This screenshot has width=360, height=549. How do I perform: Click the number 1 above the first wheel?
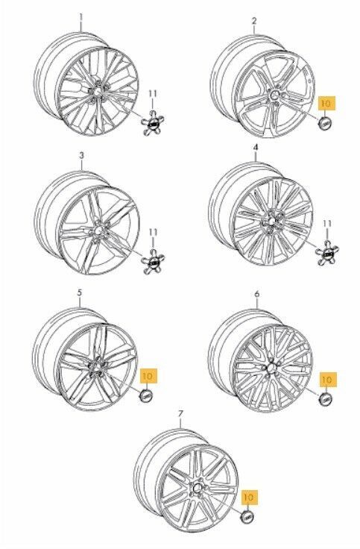pos(80,17)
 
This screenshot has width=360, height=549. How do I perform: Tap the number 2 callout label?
pos(254,21)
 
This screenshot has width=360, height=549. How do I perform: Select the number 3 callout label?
pos(81,155)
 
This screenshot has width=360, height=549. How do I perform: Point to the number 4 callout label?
pos(256,148)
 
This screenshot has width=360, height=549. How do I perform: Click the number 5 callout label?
pos(80,292)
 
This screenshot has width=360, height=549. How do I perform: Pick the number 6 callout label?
pos(257,294)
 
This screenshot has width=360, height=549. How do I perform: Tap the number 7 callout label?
pos(180,414)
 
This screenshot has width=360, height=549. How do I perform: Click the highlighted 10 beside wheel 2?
pos(326,104)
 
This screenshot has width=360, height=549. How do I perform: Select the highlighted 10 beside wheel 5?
pos(148,376)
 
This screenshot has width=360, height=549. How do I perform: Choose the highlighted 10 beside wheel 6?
pos(326,380)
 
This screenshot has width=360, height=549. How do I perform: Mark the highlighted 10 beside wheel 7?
pos(248,498)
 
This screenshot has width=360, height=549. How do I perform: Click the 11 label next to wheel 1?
pos(153,94)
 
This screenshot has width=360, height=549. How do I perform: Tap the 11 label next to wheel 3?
pos(153,232)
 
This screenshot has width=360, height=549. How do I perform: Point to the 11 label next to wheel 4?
pos(327,224)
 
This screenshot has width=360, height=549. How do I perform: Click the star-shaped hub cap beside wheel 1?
pos(153,122)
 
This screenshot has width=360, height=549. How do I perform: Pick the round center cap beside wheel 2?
pos(326,123)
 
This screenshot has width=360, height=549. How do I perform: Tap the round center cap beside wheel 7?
pos(248,516)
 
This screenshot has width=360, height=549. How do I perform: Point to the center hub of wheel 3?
pos(99,230)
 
